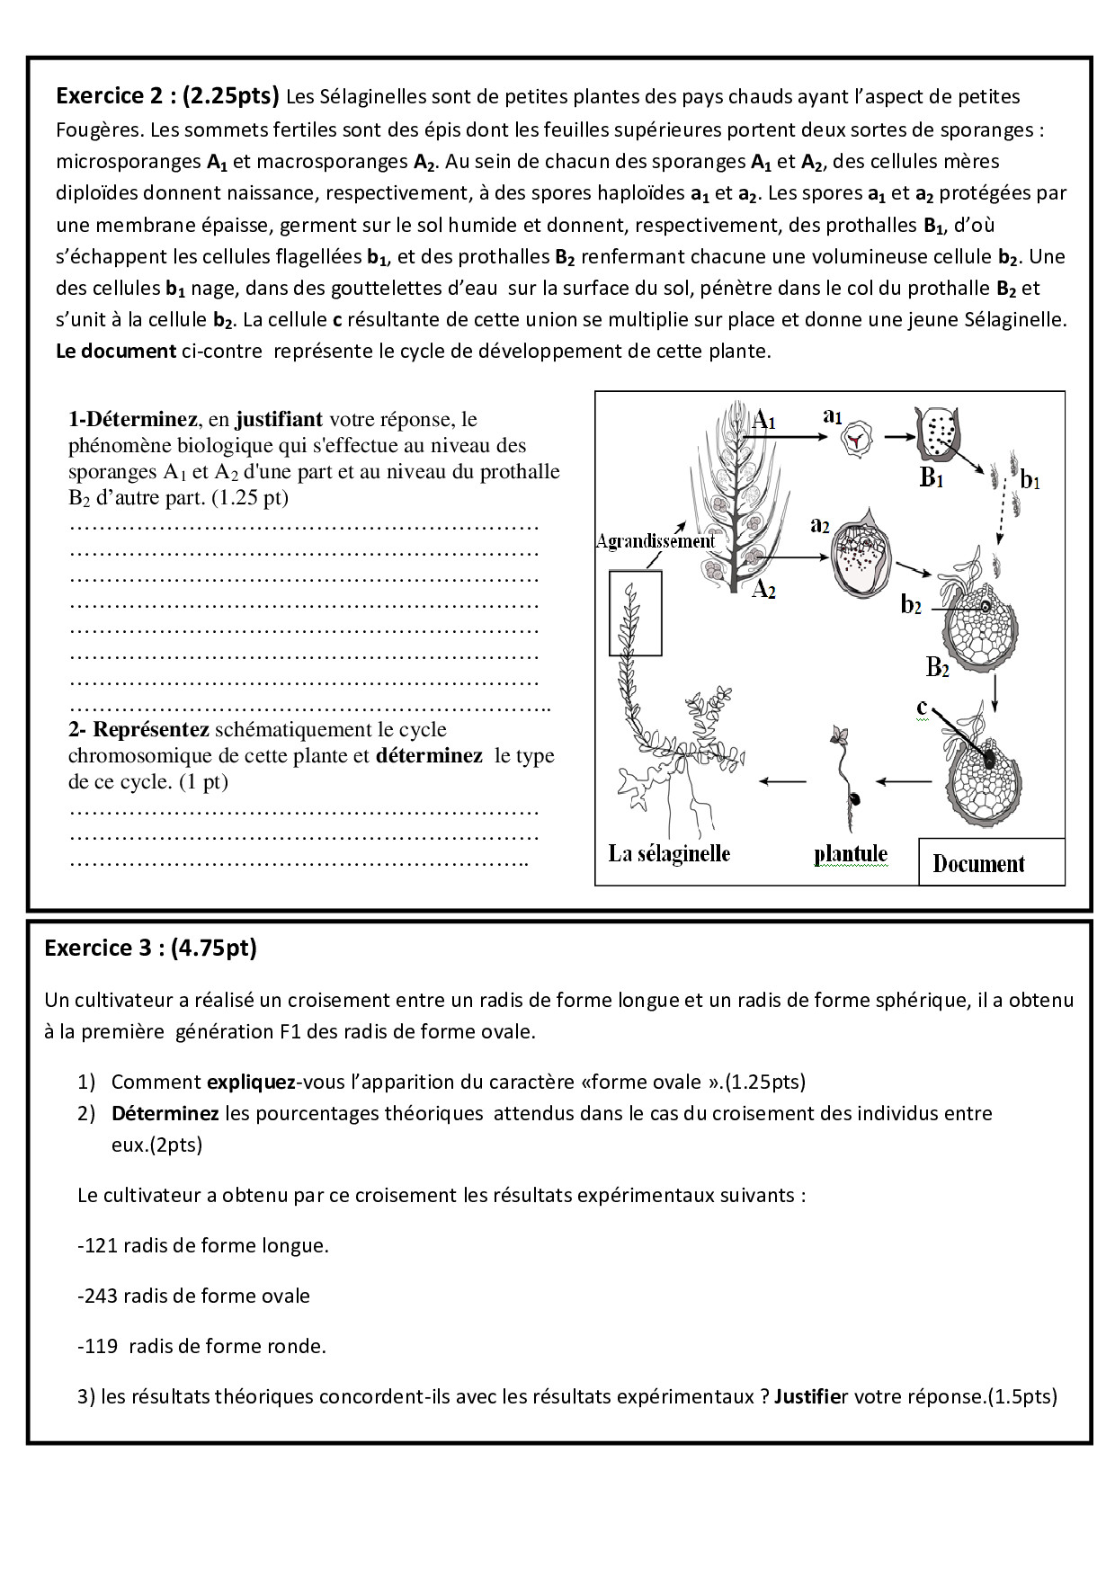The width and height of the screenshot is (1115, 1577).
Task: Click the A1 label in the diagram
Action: coord(763,419)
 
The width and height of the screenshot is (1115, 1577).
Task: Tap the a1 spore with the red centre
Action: coord(852,439)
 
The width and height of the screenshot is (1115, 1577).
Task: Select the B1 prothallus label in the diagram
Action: coord(932,477)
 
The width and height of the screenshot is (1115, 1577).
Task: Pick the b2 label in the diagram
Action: coord(910,604)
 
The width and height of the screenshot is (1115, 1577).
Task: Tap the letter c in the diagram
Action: coord(922,708)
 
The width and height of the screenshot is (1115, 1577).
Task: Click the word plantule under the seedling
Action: coord(850,854)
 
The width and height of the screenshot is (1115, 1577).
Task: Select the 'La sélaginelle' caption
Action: coord(669,853)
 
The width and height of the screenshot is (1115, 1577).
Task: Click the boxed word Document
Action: coord(978,864)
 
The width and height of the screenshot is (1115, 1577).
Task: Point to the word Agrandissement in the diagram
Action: coord(655,540)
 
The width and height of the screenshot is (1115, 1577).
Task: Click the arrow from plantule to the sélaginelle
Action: coord(783,781)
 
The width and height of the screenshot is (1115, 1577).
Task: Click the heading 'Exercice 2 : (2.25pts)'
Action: coord(168,95)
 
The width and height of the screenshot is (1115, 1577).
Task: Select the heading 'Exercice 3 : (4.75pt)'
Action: coord(150,948)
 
